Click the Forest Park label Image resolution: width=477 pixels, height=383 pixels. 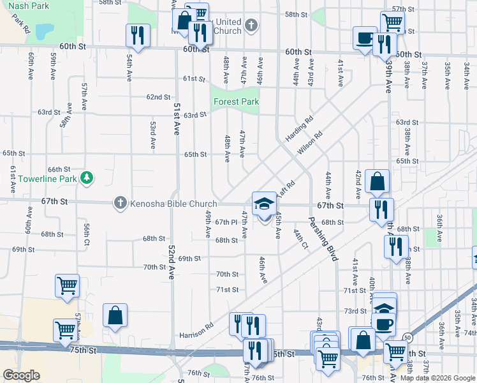click(236, 101)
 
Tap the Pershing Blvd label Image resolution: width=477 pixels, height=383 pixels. click(323, 237)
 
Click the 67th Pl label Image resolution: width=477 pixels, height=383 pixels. click(226, 222)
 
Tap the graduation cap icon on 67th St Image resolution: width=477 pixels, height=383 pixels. click(265, 204)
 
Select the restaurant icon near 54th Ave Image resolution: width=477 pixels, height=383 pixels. click(138, 36)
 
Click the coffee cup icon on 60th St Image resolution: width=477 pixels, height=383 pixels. click(365, 38)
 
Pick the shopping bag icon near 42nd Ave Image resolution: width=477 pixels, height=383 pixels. click(378, 181)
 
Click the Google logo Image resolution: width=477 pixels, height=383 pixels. click(21, 375)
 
